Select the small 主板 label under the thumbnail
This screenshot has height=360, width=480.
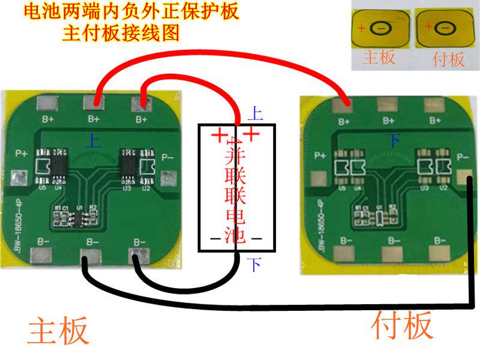(379, 58)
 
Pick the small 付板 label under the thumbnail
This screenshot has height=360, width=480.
(448, 59)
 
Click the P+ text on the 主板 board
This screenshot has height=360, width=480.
(22, 153)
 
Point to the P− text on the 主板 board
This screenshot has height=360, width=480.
(168, 158)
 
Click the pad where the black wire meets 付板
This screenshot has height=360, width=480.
(464, 178)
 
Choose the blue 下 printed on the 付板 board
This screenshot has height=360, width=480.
(393, 140)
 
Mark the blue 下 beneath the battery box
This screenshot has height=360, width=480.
(255, 264)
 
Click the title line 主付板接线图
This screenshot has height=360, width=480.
(121, 32)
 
